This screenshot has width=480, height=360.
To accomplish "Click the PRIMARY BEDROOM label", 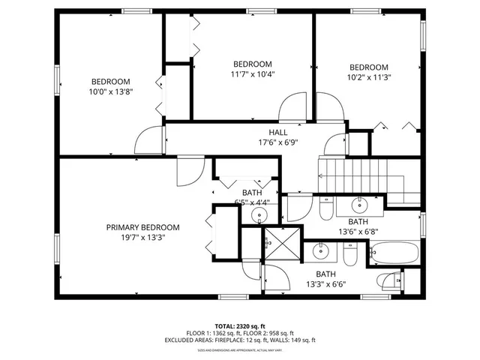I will point(142,227).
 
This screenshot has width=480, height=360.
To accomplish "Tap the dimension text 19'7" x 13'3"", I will point(142,238).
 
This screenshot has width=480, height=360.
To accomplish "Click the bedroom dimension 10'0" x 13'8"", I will point(111,92).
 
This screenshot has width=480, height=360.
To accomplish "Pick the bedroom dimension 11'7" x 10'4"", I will point(252,74).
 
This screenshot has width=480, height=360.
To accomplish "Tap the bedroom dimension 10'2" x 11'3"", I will point(368,76).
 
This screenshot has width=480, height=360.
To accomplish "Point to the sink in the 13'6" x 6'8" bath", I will point(360,203).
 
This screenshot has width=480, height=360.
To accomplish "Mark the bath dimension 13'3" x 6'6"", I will point(325,284).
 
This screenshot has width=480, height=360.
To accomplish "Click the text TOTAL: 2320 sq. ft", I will point(240,326).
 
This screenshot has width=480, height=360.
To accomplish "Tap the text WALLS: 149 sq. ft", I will point(294,340).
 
